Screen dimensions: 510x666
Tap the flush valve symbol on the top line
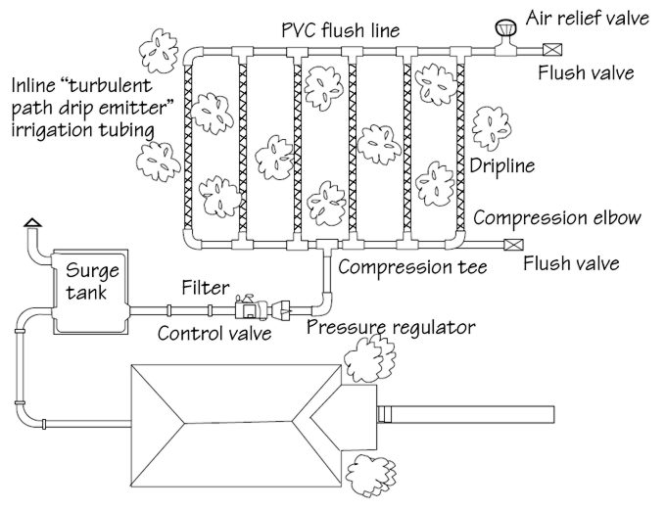552,48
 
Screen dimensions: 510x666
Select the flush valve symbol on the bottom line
511,244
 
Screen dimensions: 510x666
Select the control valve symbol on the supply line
249,308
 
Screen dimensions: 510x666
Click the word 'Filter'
205,288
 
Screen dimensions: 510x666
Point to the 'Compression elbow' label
556,217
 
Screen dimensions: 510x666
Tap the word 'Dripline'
501,166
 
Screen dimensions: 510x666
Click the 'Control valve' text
215,333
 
